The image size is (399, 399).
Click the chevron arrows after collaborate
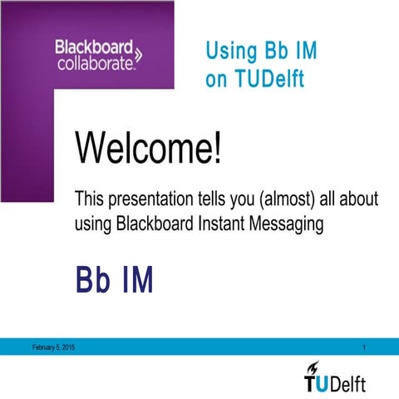coord(138,57)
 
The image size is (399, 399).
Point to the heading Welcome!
coord(149,150)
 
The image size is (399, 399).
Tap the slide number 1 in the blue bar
coord(366,346)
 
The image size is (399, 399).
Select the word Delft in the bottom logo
coord(348,383)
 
